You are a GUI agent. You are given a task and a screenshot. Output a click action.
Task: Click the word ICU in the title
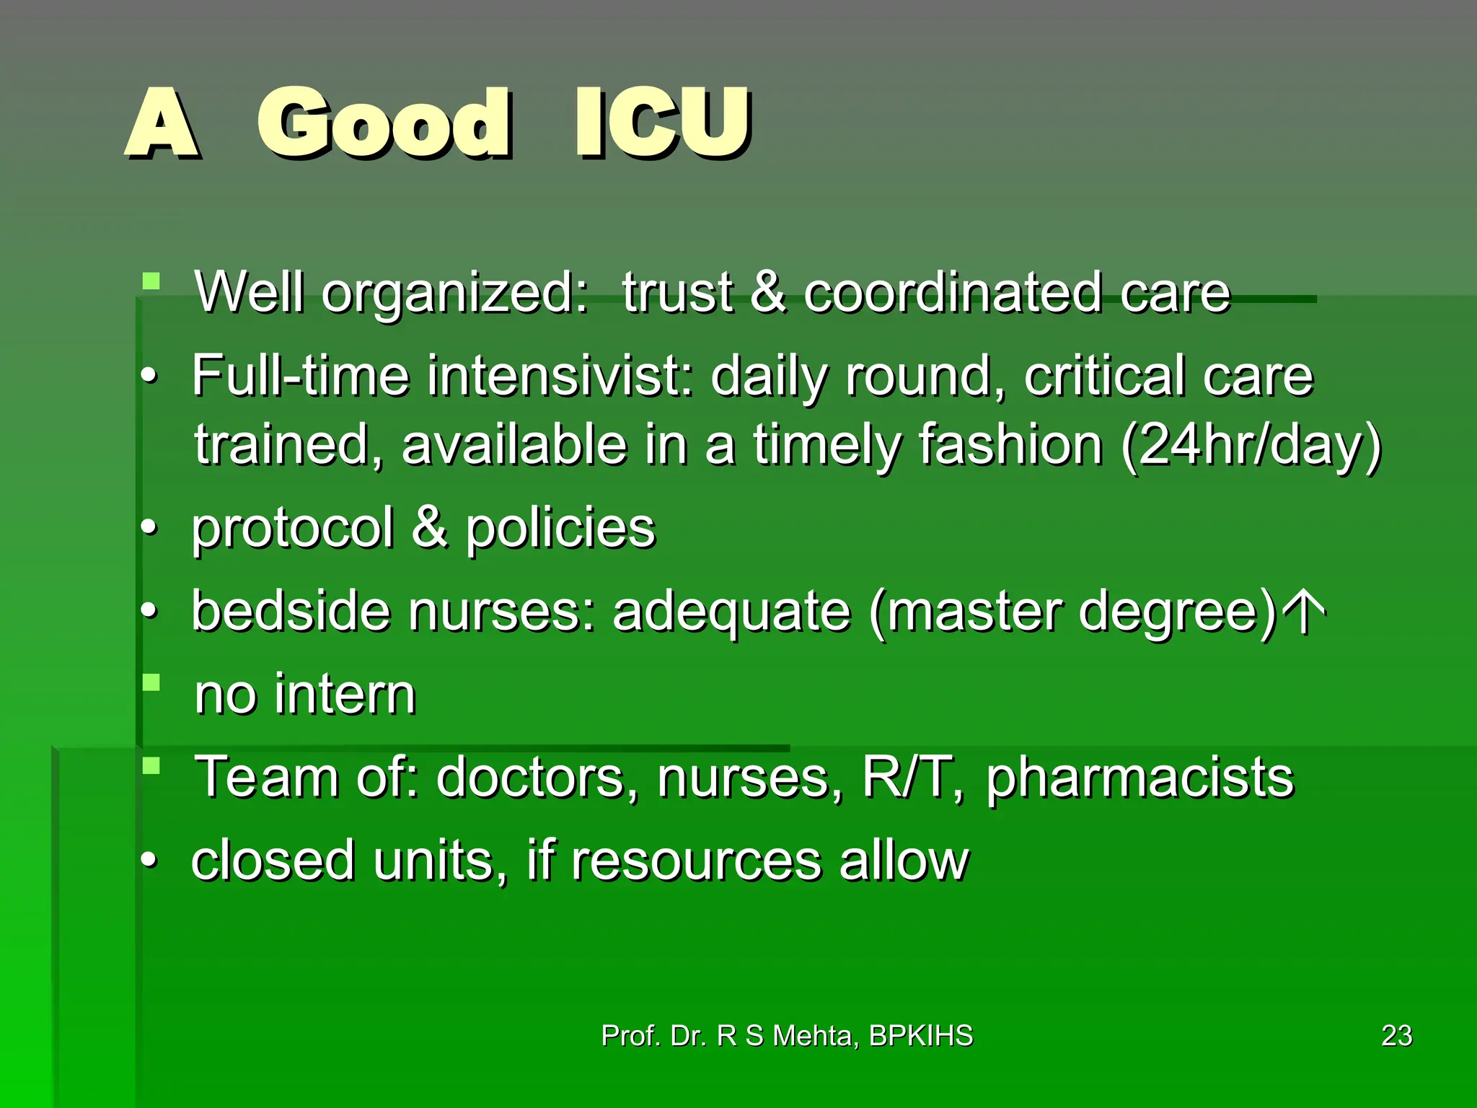[662, 123]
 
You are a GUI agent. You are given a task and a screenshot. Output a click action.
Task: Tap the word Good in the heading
[384, 123]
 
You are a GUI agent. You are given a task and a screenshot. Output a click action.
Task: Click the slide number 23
[1396, 1036]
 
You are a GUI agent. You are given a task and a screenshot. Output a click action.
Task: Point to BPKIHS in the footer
[921, 1036]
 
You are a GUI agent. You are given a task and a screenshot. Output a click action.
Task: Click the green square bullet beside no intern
[151, 682]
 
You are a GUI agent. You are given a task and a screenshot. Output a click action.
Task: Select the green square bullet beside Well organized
[151, 281]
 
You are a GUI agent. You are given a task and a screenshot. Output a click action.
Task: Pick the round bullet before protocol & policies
[149, 528]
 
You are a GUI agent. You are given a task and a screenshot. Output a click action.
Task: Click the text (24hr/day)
[1251, 446]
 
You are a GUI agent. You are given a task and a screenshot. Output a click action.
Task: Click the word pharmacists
[1139, 778]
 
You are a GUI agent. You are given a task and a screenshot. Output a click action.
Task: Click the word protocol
[293, 529]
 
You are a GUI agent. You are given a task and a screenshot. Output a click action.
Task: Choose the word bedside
[291, 611]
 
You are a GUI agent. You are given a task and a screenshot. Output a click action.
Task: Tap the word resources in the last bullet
[697, 861]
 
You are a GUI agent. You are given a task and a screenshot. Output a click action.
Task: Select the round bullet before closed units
[149, 861]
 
